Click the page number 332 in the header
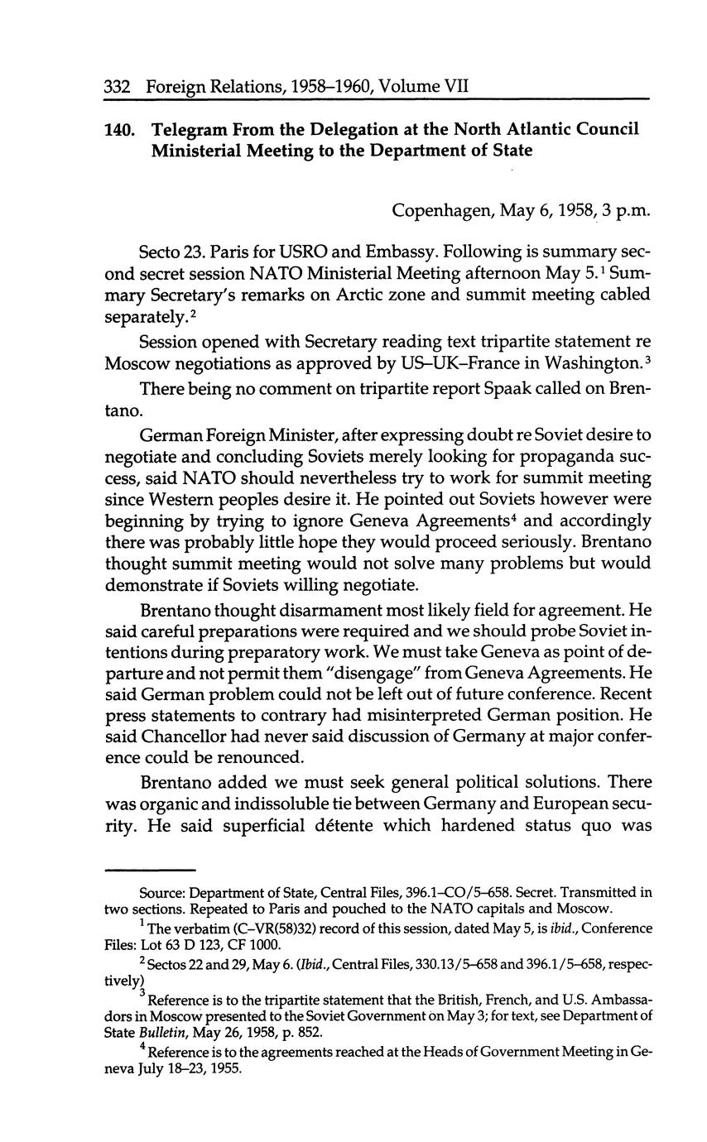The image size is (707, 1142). tap(119, 85)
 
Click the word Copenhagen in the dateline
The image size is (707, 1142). tap(442, 210)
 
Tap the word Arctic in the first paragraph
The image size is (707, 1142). tap(370, 295)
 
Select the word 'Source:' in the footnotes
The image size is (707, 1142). tap(160, 893)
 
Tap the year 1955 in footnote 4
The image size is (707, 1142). tap(221, 1068)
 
